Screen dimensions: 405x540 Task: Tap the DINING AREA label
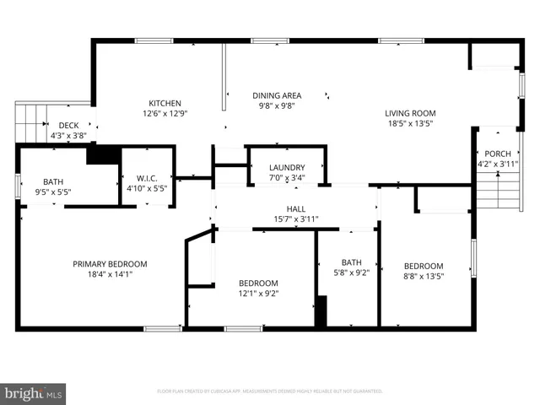[278, 95]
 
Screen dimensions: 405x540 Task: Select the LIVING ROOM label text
[410, 113]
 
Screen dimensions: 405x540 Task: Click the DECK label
[68, 125]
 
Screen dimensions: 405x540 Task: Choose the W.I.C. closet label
[147, 178]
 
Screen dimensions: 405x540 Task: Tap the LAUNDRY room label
[287, 168]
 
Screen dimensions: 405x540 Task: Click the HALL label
[295, 208]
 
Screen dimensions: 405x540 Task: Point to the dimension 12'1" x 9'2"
[257, 293]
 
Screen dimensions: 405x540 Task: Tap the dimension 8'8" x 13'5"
[423, 275]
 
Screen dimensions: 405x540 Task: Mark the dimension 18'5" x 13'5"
[410, 123]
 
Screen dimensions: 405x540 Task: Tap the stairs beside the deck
[30, 121]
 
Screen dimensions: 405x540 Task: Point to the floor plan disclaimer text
[270, 391]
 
